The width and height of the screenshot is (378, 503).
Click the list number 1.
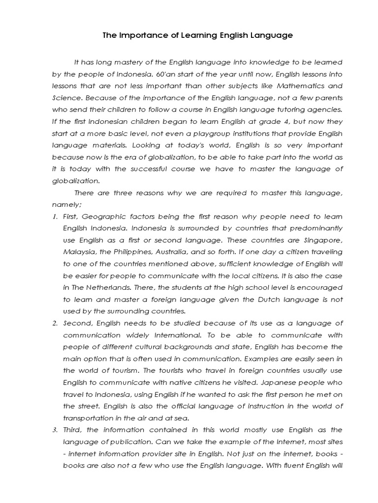(x=55, y=217)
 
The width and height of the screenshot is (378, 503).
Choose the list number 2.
(x=55, y=323)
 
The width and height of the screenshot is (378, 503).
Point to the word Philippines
(x=131, y=252)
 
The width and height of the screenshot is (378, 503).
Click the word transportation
(x=89, y=418)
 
